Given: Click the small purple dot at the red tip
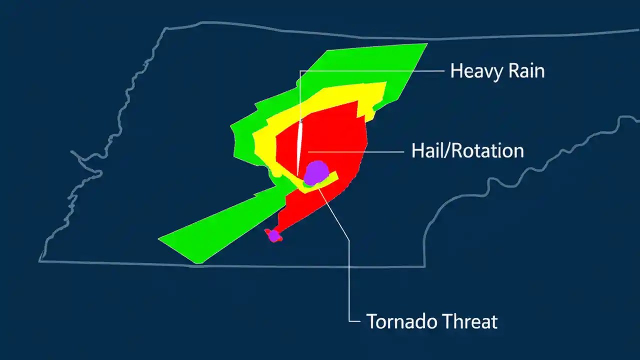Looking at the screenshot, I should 273,235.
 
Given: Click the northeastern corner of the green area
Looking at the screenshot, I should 426,44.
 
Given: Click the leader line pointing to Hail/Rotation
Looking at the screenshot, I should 360,150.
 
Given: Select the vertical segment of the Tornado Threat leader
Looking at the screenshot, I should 349,280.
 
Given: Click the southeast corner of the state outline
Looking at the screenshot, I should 424,266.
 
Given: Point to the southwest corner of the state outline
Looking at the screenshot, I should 41,260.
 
